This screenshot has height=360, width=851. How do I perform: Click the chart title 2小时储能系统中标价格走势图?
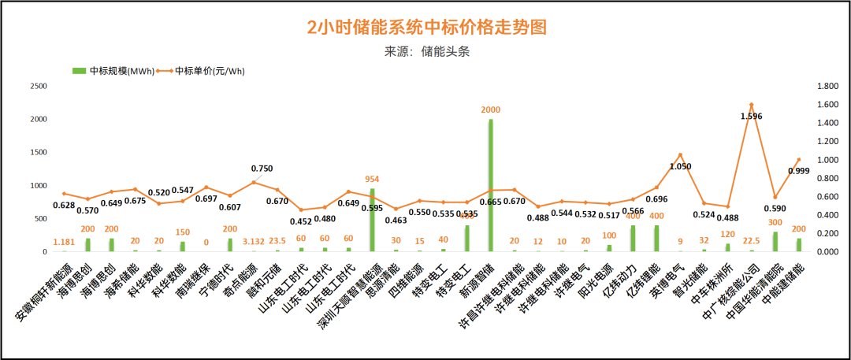point(426,28)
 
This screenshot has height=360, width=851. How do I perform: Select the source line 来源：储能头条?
point(426,52)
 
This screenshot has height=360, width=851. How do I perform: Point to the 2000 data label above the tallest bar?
point(491,110)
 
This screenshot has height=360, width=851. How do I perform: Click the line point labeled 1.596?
point(752,105)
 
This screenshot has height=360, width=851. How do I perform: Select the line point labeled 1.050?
point(681,155)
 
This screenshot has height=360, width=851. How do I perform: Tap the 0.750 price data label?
point(262,169)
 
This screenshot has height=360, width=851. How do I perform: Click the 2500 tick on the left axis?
point(39,86)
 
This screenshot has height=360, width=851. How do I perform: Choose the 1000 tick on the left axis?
point(39,185)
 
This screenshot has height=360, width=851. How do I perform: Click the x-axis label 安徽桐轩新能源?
point(46,291)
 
